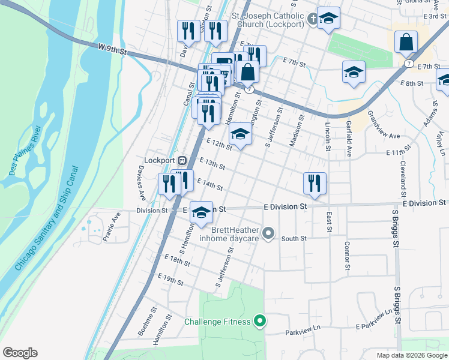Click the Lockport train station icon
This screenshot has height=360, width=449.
181,160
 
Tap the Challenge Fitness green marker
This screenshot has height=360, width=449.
260,322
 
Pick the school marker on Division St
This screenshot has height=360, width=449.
202,212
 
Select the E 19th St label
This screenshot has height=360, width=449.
170,278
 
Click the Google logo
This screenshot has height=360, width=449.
20,353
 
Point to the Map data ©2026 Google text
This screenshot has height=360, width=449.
411,355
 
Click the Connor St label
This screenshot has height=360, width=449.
346,256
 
